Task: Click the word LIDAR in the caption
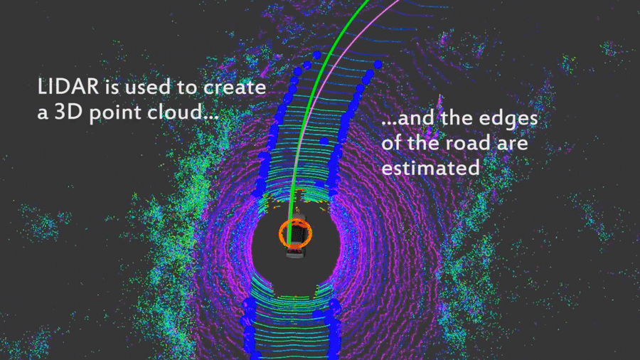tap(68, 87)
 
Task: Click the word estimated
tap(430, 168)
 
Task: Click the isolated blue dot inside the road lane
tap(324, 141)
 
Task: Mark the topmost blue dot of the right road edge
tap(378, 64)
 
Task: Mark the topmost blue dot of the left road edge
tap(316, 55)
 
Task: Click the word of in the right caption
tap(392, 143)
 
